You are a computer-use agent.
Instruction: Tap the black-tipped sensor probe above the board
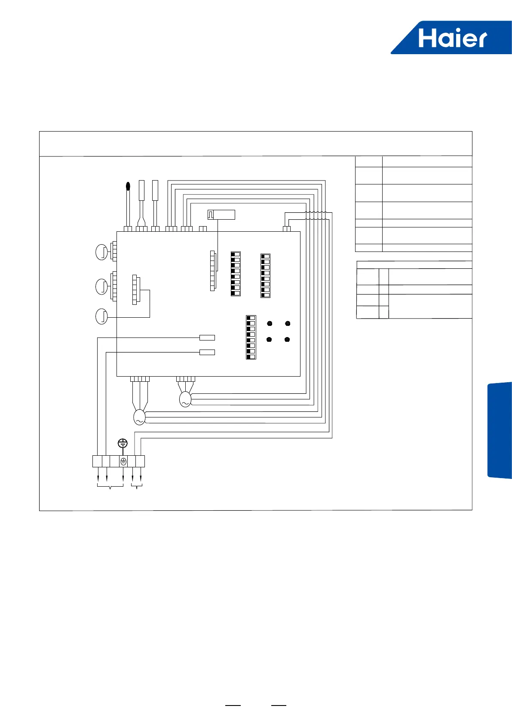click(128, 186)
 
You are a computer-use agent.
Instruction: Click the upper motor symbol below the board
click(185, 399)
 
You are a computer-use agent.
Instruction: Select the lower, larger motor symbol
click(139, 417)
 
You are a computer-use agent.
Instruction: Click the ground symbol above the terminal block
click(123, 443)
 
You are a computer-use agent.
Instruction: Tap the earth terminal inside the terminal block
click(123, 461)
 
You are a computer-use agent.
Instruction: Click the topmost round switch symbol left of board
click(101, 252)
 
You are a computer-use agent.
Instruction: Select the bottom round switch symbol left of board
click(101, 316)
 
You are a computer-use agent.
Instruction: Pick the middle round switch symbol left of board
click(101, 286)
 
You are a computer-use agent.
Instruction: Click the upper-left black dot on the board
click(270, 323)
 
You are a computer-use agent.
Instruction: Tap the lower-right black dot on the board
click(287, 340)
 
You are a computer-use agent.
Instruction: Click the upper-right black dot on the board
click(288, 323)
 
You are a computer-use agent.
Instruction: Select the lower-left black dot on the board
click(269, 340)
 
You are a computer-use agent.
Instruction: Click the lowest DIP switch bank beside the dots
click(251, 337)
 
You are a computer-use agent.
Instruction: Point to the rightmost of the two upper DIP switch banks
click(265, 276)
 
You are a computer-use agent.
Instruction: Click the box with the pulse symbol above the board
click(221, 214)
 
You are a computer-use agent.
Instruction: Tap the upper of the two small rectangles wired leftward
click(207, 337)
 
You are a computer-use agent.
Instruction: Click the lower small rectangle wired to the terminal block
click(207, 353)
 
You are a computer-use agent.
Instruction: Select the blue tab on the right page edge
click(500, 430)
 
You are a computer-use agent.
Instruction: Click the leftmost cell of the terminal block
click(97, 461)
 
